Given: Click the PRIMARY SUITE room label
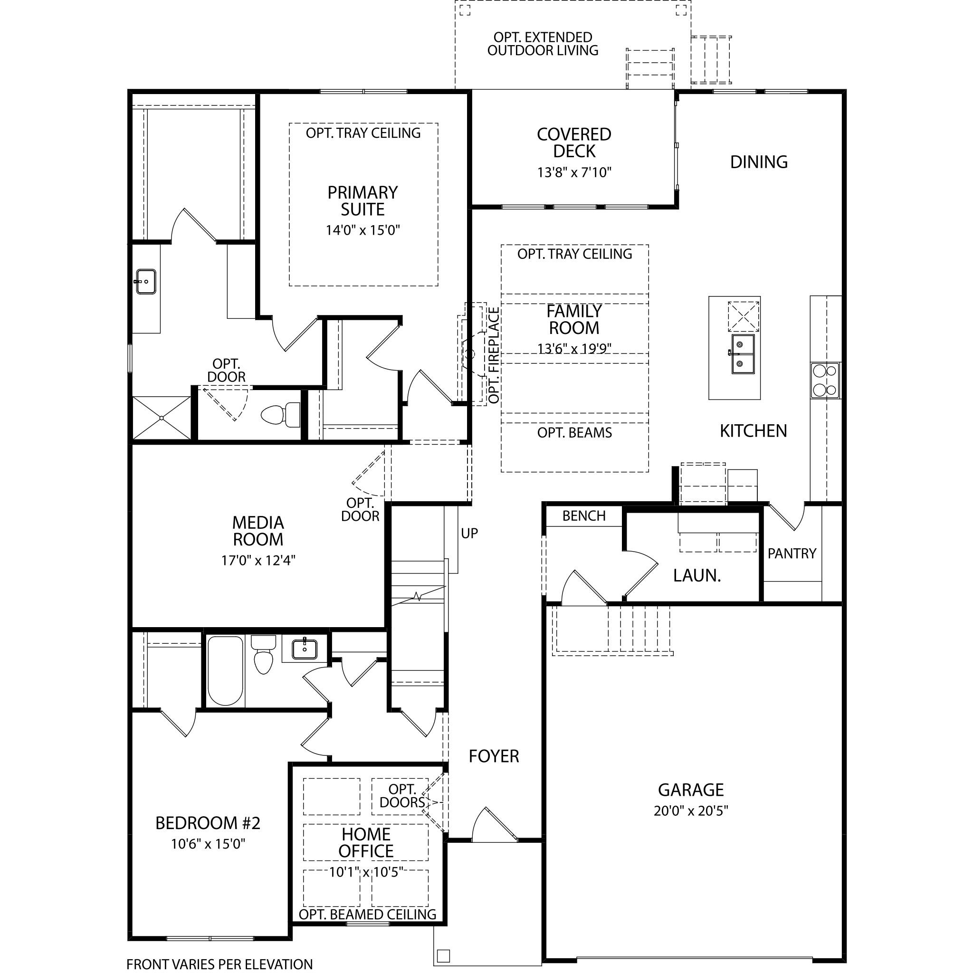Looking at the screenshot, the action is (x=362, y=201).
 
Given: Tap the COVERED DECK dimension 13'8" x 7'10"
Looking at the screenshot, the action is (x=574, y=173).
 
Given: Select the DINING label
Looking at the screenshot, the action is (x=759, y=162).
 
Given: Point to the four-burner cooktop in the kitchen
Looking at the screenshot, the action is (x=825, y=380).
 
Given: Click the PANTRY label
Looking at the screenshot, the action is (x=792, y=553).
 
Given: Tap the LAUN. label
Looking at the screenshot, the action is (x=697, y=575).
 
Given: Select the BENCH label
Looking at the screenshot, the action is (x=584, y=515).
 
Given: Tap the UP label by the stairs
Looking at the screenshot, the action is (x=469, y=534).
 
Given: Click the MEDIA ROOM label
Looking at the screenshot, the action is (x=258, y=531).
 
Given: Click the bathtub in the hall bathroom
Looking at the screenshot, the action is (x=225, y=670).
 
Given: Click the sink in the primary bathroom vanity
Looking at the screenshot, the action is (x=145, y=282).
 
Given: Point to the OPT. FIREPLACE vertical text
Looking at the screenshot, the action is (x=494, y=355).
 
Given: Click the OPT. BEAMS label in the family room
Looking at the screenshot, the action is (x=575, y=433).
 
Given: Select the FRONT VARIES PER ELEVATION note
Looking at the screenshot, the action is (x=219, y=964).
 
